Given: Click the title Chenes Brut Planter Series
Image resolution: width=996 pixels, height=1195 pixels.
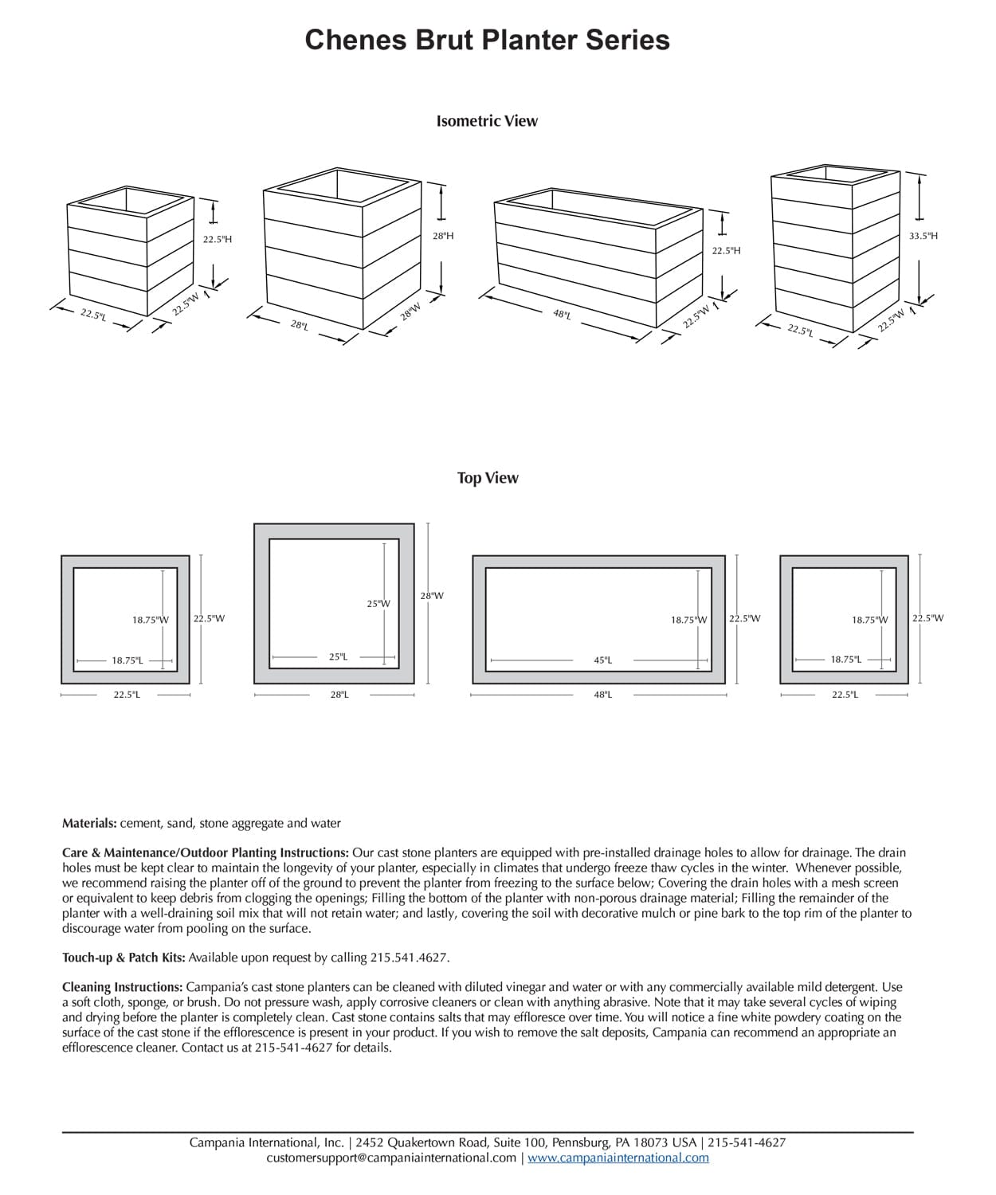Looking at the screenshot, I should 487,40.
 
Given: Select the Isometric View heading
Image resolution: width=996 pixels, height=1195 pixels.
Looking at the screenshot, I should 487,121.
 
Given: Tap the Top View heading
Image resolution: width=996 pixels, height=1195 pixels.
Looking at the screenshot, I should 487,478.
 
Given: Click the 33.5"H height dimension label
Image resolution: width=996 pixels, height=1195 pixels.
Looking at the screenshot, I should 923,236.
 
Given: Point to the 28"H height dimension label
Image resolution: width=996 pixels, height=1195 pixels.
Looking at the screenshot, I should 443,236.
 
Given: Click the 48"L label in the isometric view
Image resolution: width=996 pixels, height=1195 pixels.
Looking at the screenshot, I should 562,315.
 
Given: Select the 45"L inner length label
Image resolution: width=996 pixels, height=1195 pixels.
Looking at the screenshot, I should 602,660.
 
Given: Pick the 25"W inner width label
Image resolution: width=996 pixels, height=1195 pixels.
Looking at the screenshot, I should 378,604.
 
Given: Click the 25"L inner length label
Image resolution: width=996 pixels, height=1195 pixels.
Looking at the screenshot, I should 338,657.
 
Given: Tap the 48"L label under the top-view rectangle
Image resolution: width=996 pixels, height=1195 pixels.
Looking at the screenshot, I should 602,695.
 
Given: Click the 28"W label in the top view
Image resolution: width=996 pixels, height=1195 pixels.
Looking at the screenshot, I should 432,596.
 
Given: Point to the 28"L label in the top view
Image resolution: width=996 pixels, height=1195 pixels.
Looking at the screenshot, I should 339,695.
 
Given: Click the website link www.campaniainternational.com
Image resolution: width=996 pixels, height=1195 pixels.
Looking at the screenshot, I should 618,1158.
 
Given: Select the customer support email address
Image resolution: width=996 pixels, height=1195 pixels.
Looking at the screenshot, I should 391,1158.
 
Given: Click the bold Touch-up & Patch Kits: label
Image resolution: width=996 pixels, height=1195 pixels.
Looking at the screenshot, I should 124,958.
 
